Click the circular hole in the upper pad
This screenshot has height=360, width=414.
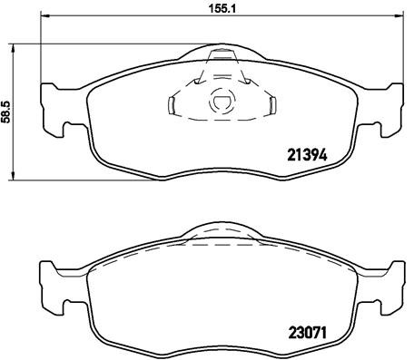(x=221, y=104)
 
